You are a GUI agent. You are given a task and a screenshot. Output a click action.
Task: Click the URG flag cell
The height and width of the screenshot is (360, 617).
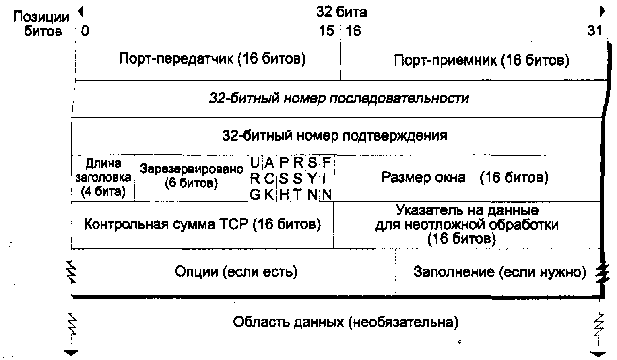(x=255, y=178)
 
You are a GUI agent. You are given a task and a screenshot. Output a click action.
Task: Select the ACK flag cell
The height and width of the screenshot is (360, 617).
(x=269, y=178)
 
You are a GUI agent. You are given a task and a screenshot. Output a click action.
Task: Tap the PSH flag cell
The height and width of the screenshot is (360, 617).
(x=284, y=178)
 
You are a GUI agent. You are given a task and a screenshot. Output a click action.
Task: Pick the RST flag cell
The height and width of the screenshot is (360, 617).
(x=298, y=178)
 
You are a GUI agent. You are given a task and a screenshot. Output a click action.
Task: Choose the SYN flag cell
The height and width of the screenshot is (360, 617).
(x=312, y=178)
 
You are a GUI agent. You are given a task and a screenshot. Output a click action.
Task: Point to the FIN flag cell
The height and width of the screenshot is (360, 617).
(x=327, y=178)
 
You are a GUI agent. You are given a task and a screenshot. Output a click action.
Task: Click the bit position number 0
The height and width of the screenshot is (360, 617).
(x=85, y=31)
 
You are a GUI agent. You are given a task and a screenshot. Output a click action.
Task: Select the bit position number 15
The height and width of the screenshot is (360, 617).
(x=326, y=31)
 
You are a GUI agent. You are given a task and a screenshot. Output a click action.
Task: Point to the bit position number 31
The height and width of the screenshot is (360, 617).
(x=594, y=31)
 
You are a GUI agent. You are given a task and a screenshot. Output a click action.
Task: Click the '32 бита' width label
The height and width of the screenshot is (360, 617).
(x=342, y=12)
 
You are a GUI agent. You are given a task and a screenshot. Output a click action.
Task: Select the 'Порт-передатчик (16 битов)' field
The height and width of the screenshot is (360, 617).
(x=212, y=59)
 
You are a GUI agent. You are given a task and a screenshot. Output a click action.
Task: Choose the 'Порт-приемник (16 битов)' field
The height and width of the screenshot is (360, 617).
(x=481, y=61)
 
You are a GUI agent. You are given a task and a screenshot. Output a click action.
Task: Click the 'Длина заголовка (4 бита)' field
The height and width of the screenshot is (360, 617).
(x=103, y=178)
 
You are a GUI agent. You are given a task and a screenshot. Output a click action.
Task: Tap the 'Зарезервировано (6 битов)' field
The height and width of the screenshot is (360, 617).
(x=192, y=176)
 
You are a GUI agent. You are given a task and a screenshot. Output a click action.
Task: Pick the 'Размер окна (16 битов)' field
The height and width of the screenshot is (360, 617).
(x=464, y=178)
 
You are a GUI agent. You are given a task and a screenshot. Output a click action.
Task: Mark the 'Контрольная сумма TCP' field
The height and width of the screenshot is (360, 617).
(x=202, y=224)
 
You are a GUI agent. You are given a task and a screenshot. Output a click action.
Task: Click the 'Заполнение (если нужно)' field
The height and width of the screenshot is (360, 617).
(x=499, y=272)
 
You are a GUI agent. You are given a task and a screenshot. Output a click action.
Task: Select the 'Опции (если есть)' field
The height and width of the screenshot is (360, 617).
(x=236, y=272)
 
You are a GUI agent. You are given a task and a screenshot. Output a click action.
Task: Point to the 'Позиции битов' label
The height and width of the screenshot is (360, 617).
(x=41, y=24)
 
